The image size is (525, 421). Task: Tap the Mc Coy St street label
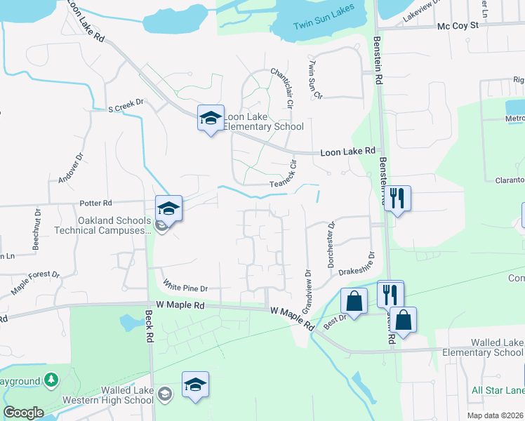(457, 25)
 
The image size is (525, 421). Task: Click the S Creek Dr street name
(125, 102)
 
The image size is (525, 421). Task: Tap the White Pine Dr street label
(186, 288)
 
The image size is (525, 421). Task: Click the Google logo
(23, 412)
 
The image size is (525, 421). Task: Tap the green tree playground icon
(51, 380)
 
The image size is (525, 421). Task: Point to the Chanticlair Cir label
(280, 87)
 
